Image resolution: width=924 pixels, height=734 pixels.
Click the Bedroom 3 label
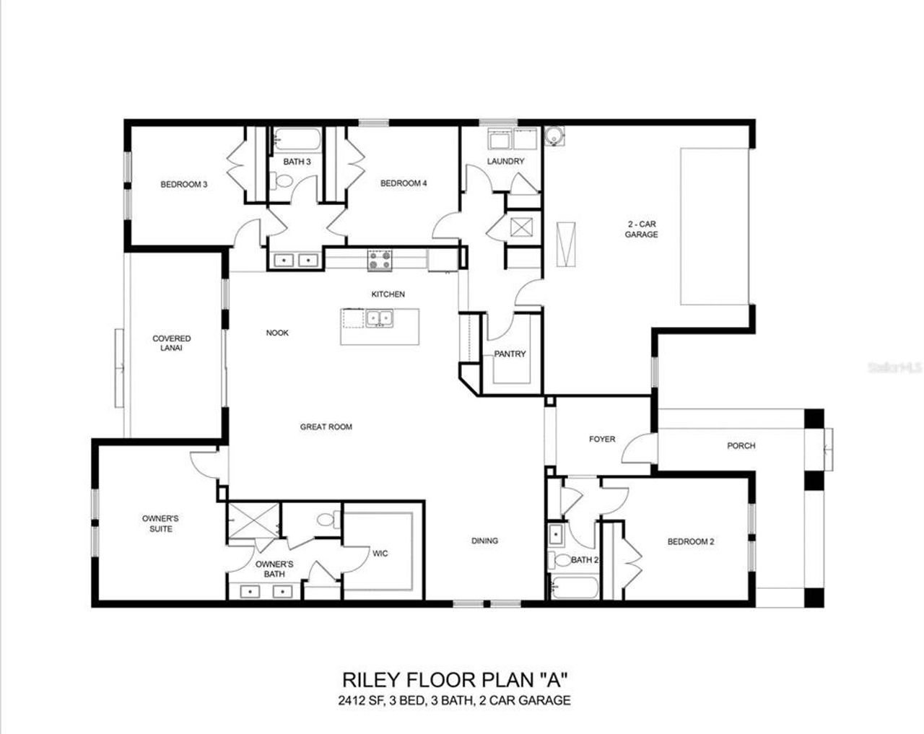[x=183, y=184]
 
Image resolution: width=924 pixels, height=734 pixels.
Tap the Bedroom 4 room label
[x=404, y=183]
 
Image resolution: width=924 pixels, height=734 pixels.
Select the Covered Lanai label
[x=172, y=343]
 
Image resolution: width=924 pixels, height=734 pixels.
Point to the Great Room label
[x=326, y=427]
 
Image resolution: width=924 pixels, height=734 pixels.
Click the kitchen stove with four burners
[x=380, y=260]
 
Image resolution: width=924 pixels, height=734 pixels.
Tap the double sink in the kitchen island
[x=378, y=318]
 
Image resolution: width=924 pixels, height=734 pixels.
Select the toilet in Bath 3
[x=279, y=182]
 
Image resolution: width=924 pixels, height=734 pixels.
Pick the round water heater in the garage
[x=554, y=136]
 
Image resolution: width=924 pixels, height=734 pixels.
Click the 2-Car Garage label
[x=641, y=230]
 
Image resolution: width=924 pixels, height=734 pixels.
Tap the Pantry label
[x=510, y=354]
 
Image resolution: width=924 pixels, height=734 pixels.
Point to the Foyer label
[x=602, y=439]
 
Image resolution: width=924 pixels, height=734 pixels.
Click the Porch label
[x=741, y=445]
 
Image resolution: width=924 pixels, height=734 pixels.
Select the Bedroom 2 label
[x=690, y=541]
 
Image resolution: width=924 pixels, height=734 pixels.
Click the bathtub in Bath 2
[x=574, y=587]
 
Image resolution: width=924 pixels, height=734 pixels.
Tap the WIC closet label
[x=380, y=554]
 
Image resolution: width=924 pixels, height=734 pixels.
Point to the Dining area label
[x=484, y=541]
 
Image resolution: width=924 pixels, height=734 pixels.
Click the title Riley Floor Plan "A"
[x=455, y=679]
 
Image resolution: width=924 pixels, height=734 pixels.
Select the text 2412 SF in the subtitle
[x=359, y=700]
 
